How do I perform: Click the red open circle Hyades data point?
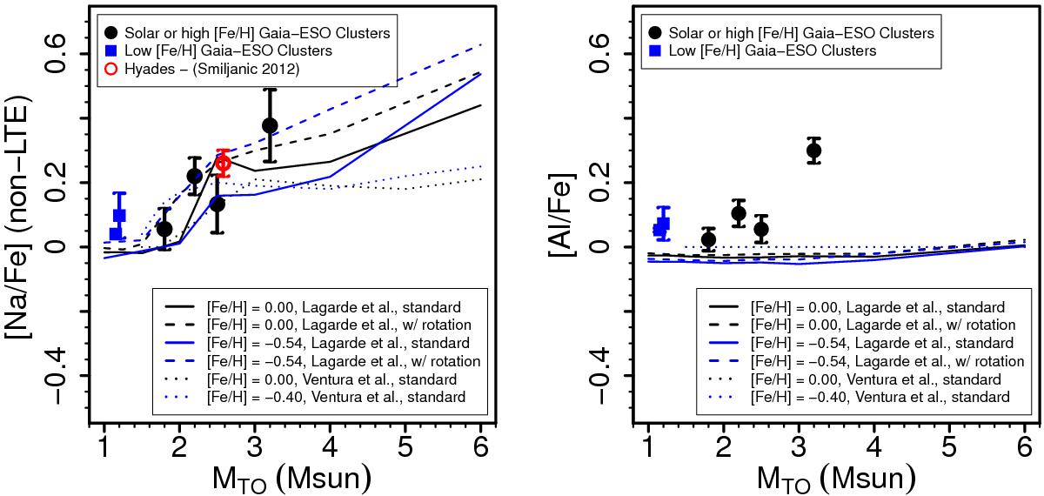[x=224, y=163]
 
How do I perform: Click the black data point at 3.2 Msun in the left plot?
[x=270, y=125]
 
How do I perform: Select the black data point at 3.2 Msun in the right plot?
[x=813, y=151]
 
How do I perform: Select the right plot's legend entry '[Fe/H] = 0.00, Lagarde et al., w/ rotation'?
[x=870, y=325]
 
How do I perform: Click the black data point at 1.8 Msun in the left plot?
[x=164, y=229]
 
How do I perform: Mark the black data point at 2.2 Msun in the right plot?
[x=739, y=213]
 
